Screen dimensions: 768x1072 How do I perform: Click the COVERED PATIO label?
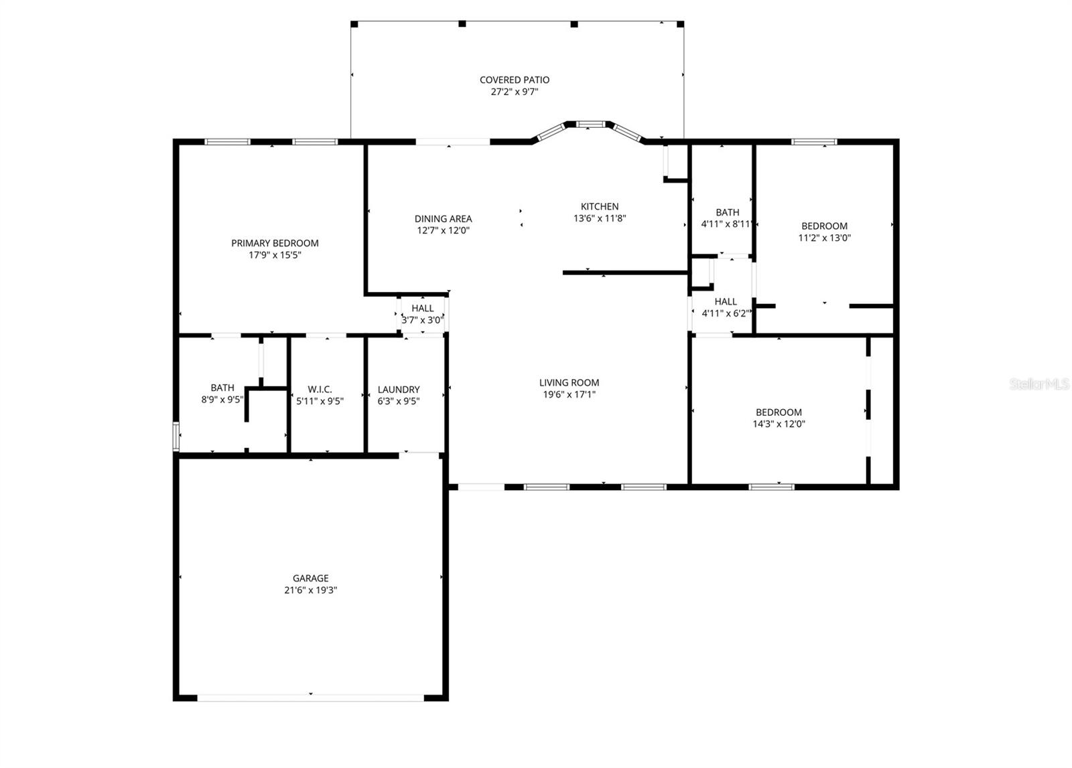point(515,80)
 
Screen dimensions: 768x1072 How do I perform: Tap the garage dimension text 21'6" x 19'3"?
point(310,591)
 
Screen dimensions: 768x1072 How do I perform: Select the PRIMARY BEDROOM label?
point(275,243)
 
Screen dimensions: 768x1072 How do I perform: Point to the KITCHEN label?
point(599,206)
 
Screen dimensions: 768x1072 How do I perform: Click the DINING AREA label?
point(443,218)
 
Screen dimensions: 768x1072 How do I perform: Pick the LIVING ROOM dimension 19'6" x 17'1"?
point(569,394)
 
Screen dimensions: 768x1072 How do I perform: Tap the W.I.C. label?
point(320,389)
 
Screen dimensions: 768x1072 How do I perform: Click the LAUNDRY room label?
point(399,389)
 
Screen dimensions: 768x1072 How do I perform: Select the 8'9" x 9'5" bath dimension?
point(222,400)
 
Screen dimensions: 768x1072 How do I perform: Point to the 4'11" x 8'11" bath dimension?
point(727,224)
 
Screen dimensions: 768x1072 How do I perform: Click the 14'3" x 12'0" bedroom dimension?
point(779,424)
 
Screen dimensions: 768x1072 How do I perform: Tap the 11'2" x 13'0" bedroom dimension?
point(824,238)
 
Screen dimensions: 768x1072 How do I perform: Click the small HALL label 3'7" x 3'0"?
point(422,320)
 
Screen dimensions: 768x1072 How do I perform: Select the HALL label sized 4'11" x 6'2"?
point(726,301)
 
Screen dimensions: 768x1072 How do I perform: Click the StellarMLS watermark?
point(1039,384)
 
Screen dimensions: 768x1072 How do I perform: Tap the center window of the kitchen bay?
point(590,124)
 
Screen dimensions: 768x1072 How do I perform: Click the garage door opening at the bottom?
point(310,697)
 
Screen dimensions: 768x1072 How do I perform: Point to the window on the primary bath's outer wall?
point(176,436)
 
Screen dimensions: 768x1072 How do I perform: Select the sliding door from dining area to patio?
point(453,142)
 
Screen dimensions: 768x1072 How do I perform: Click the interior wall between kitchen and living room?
point(625,273)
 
